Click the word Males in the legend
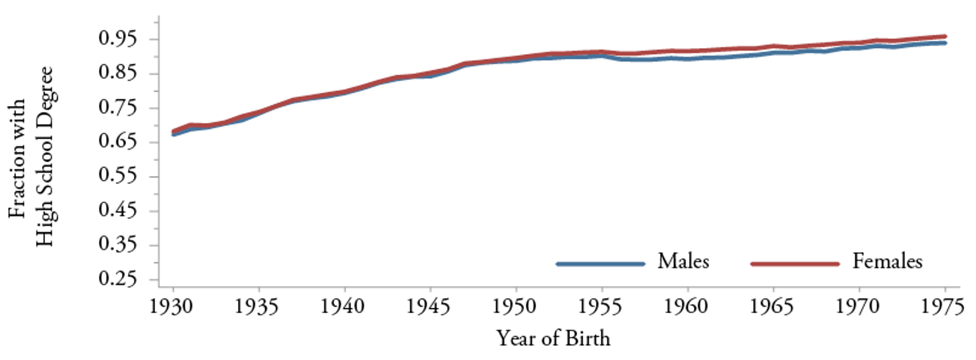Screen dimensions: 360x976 tap(683, 262)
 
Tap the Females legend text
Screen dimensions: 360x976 tap(888, 262)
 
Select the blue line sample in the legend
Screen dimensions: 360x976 tap(600, 264)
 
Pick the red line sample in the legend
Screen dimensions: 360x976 tap(795, 264)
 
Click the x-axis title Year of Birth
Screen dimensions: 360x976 tap(553, 339)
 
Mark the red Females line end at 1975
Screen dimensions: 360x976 tap(945, 36)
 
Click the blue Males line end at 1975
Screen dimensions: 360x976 tap(945, 43)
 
